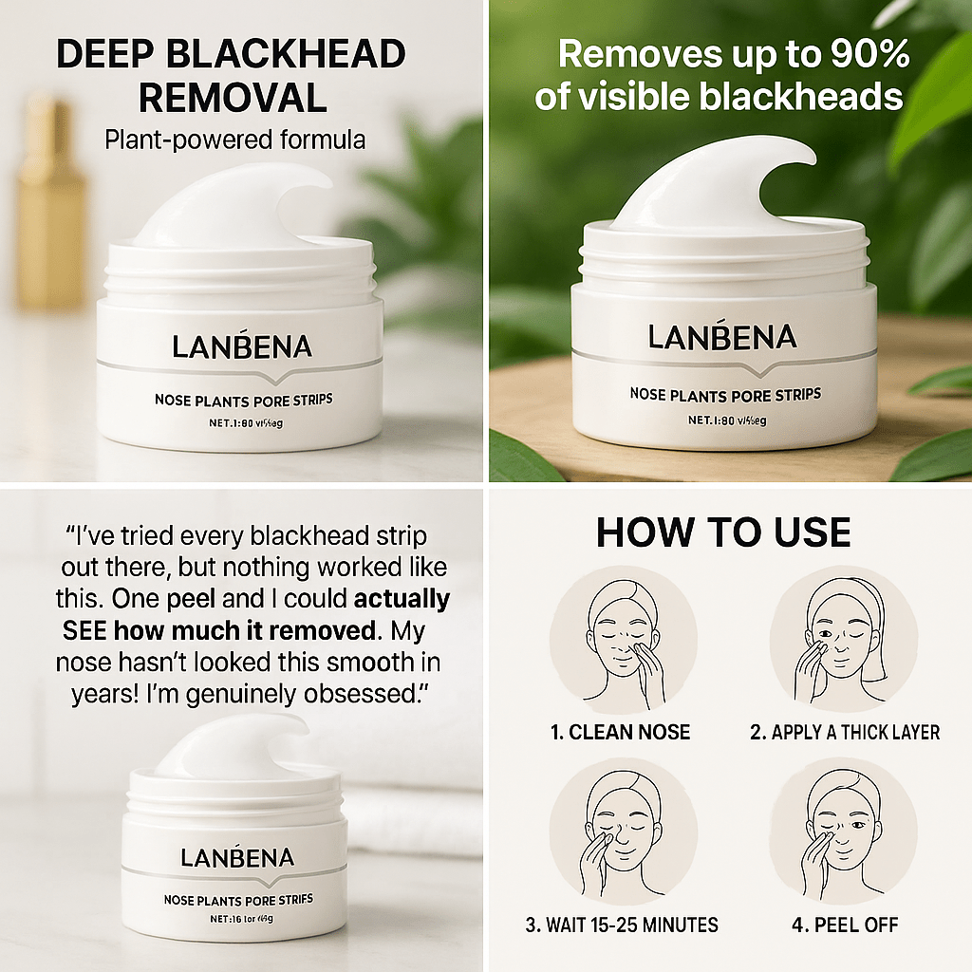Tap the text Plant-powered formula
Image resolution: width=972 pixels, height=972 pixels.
click(235, 140)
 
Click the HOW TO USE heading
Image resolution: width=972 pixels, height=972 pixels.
click(722, 533)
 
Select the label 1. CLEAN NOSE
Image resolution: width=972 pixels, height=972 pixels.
click(620, 732)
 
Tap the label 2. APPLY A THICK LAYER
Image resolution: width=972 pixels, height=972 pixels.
click(845, 732)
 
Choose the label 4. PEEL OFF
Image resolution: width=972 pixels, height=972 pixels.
click(843, 924)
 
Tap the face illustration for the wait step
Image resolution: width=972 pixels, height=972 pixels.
click(622, 832)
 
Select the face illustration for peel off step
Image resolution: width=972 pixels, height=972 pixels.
click(843, 832)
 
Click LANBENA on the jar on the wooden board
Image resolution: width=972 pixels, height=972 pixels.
click(722, 337)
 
